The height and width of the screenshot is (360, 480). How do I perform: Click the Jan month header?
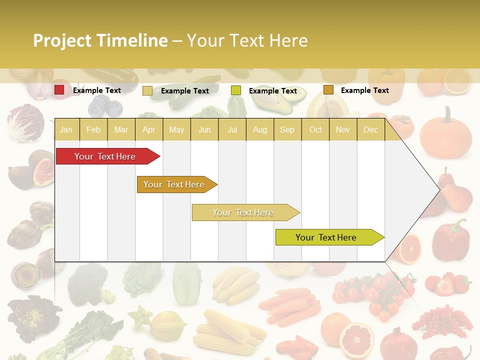[x=66, y=130]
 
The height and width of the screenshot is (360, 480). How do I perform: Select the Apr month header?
[x=148, y=130]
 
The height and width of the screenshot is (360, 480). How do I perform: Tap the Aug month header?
[x=259, y=130]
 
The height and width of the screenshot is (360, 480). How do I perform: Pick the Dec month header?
[x=370, y=130]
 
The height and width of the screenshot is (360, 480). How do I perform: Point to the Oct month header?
[x=315, y=130]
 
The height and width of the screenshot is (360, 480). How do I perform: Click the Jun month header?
[x=204, y=130]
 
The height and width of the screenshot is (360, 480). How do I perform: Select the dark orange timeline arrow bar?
[x=175, y=184]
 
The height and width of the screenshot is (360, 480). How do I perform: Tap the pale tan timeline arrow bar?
[x=244, y=212]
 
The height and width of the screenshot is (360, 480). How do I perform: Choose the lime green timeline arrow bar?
[x=327, y=237]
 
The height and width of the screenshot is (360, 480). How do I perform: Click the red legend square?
[x=59, y=90]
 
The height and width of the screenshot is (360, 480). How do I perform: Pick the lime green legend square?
[x=236, y=90]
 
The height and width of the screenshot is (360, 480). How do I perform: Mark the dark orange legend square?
[x=328, y=90]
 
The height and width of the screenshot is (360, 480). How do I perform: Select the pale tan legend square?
[x=147, y=90]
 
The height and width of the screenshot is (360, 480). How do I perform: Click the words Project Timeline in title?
[x=100, y=40]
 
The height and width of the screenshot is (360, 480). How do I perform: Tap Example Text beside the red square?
[x=96, y=90]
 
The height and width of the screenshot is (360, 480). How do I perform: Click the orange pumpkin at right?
[x=445, y=134]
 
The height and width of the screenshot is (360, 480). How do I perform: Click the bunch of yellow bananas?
[x=236, y=284]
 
